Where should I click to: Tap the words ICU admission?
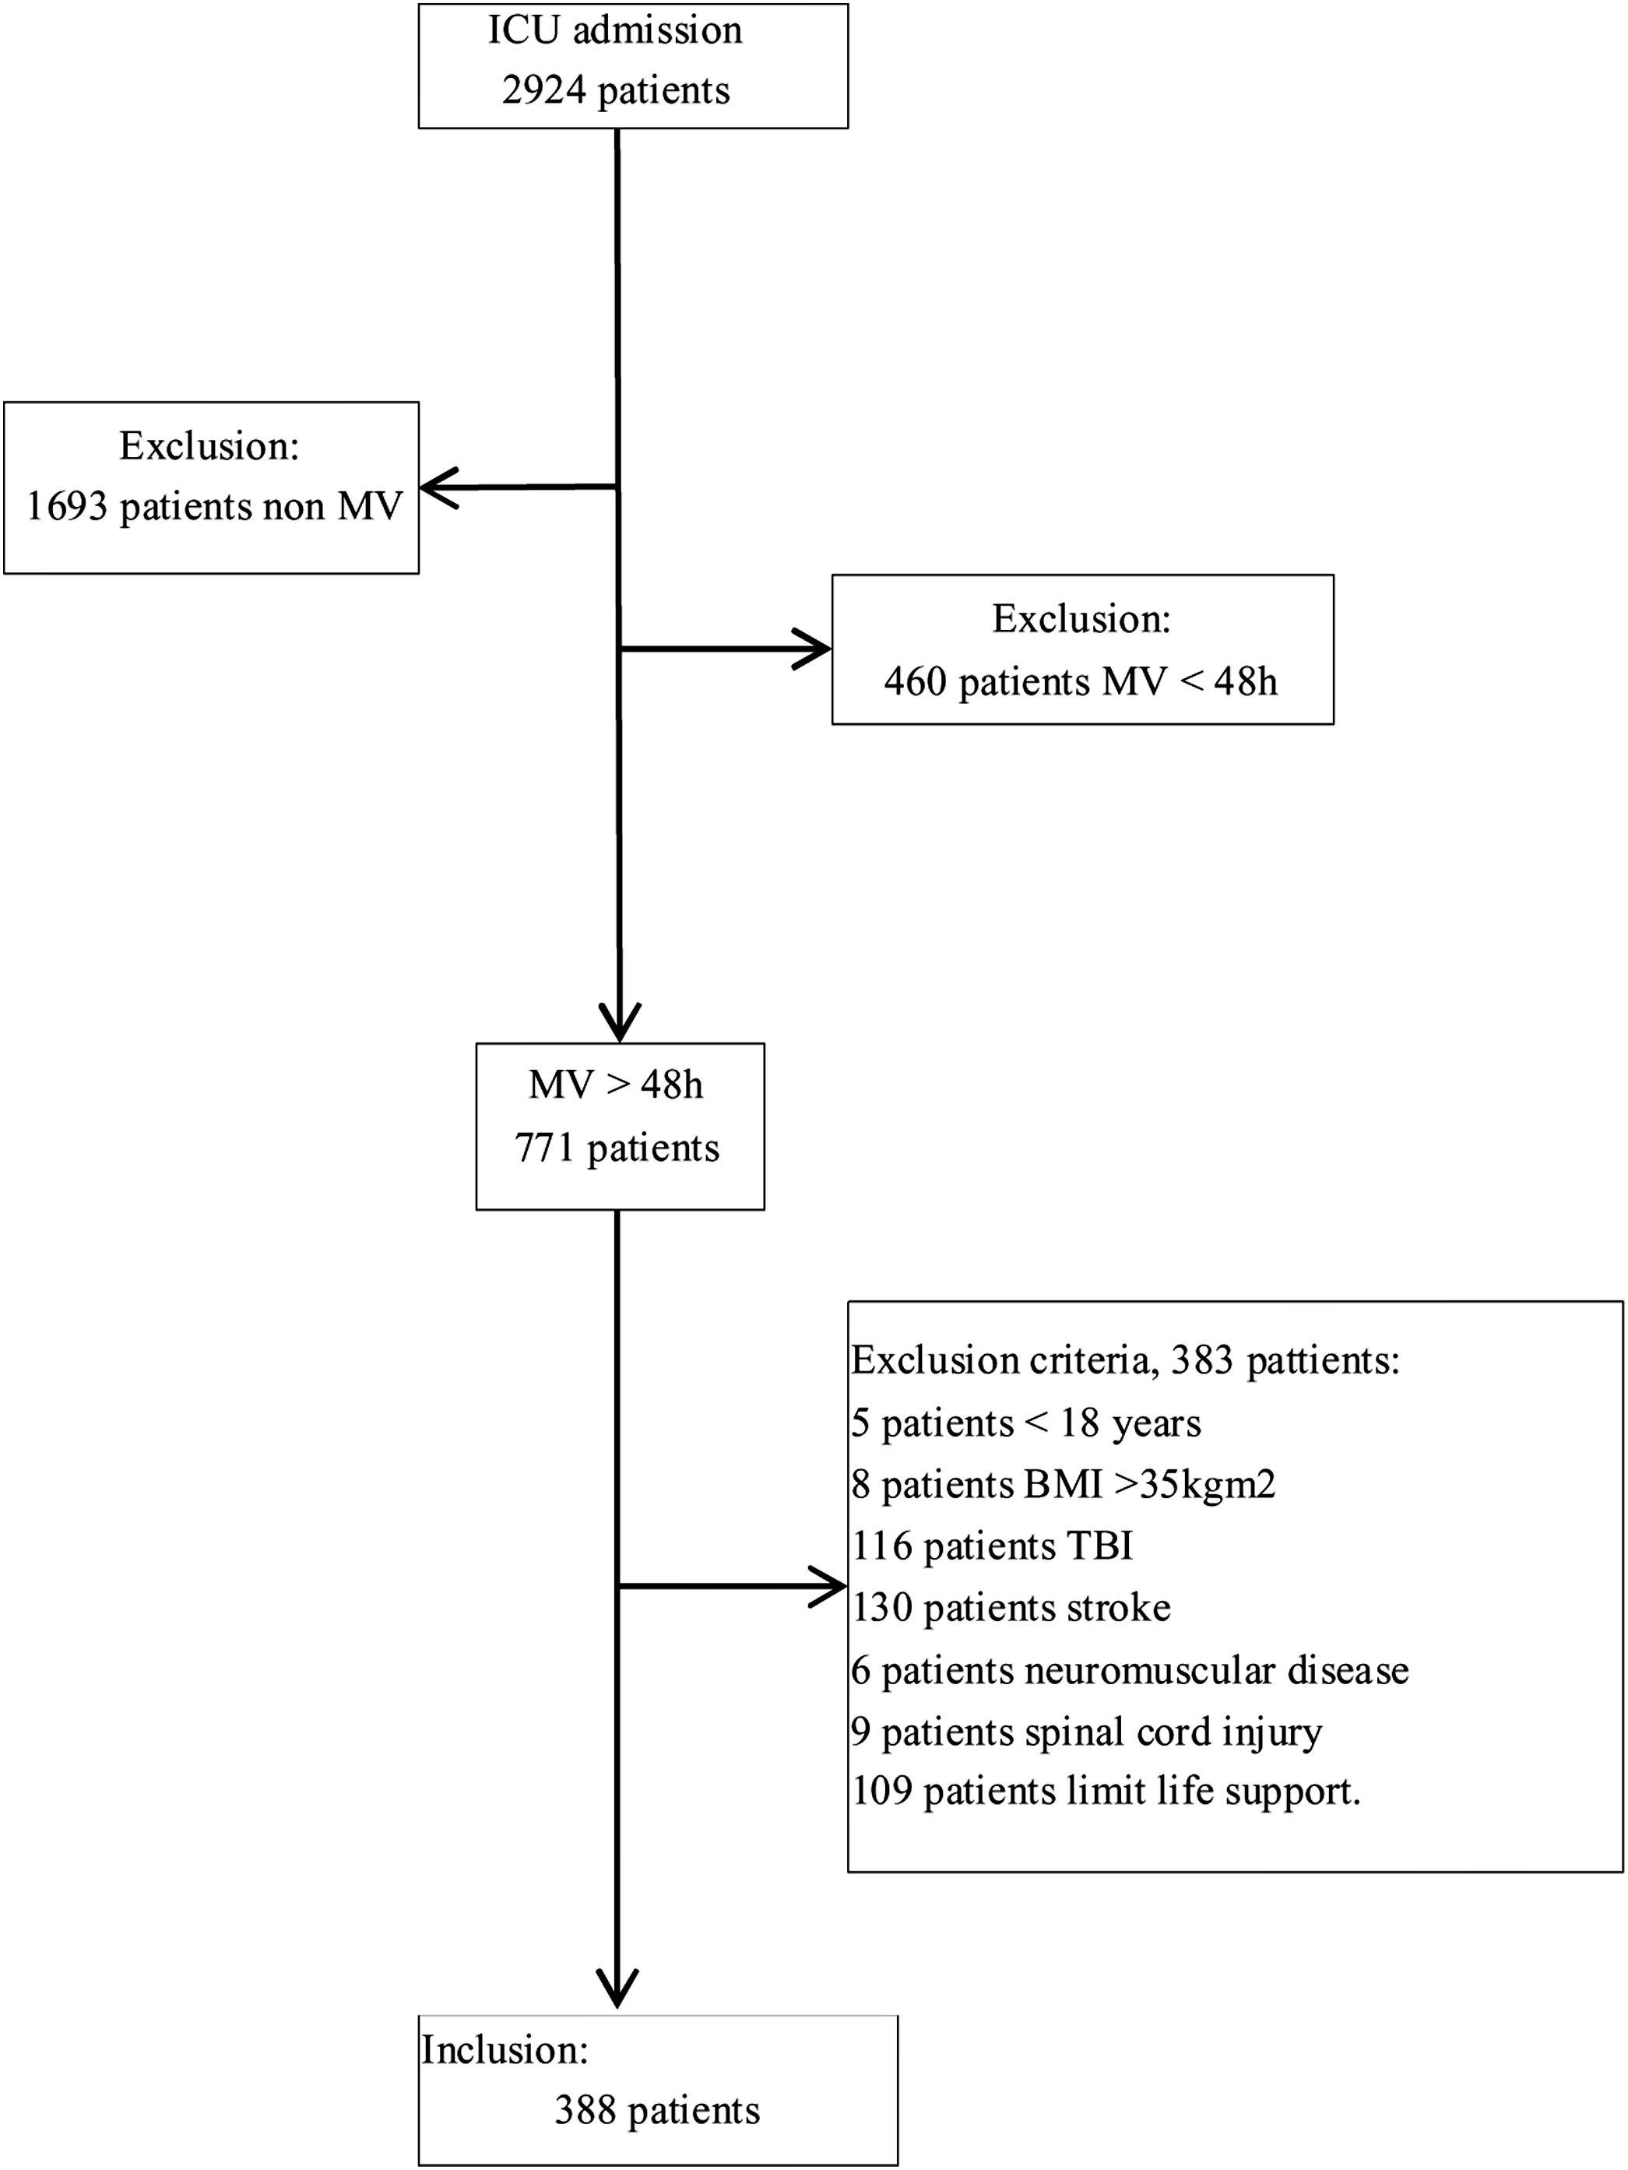pos(615,30)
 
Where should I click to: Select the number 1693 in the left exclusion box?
pos(65,507)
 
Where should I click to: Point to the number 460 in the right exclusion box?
pos(914,681)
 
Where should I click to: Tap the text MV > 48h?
pos(615,1085)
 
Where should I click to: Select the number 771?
pos(543,1148)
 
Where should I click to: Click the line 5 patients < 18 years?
pos(1025,1423)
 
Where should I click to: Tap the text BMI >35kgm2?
pos(1149,1484)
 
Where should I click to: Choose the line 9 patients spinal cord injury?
pos(1085,1732)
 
